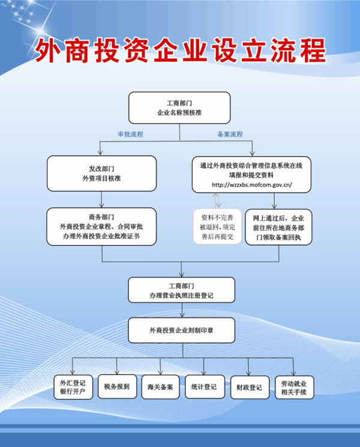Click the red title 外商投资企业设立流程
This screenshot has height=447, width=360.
(180, 50)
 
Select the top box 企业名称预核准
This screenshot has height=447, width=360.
(179, 108)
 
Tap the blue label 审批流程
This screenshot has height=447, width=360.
(131, 134)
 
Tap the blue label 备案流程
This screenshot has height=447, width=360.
(230, 134)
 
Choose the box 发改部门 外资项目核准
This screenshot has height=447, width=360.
(102, 173)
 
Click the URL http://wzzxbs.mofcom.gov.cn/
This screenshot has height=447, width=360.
(252, 185)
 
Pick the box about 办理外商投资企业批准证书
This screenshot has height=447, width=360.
(101, 227)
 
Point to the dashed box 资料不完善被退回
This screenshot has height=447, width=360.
(217, 227)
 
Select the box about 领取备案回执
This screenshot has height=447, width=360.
(278, 227)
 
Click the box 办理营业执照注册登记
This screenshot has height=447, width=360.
(182, 290)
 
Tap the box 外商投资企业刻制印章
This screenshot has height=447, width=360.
(182, 331)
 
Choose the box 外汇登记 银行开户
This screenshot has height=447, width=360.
(73, 387)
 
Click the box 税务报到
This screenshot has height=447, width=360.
(117, 386)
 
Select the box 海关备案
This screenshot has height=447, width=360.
(160, 387)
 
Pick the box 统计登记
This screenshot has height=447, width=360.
(205, 386)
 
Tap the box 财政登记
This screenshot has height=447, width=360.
(250, 388)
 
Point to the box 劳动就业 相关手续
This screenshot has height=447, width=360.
(294, 388)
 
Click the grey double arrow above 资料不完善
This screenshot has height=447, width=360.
(217, 200)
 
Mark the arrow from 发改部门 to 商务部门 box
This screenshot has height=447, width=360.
(101, 200)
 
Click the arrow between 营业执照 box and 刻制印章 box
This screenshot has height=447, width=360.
(182, 310)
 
